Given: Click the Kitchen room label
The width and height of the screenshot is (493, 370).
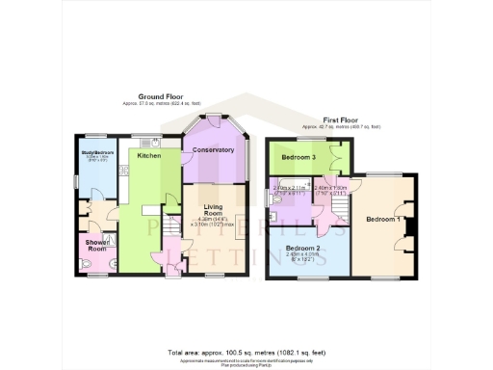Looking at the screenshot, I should pos(148,155).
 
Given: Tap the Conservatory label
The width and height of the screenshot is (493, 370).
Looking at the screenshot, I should pos(213,150).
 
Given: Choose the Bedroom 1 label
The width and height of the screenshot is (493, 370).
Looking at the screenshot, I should pos(383,220).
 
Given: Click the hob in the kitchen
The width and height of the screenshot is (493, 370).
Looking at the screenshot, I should pos(124,171).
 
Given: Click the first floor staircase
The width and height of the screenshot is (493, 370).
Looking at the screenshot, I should pos(339,205).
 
